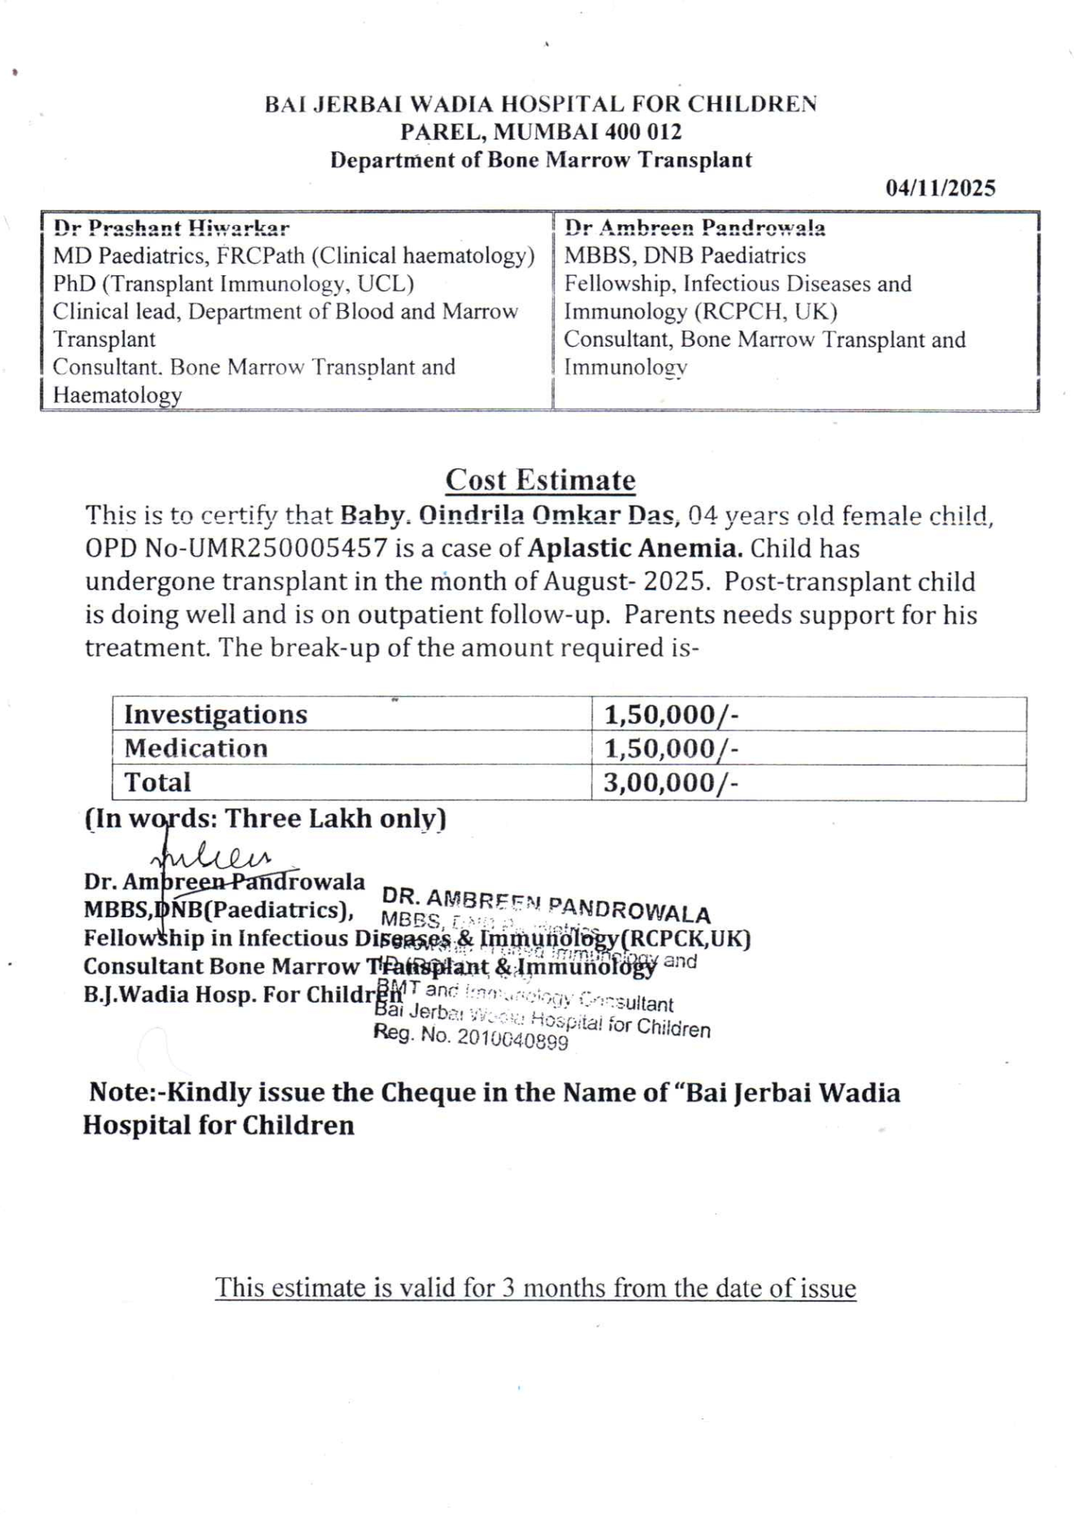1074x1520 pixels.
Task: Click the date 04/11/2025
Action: (940, 188)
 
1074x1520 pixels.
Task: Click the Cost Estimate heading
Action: (540, 480)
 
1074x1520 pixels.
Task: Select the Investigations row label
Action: (216, 714)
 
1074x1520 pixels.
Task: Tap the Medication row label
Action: (196, 749)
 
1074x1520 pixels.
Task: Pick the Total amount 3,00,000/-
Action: (670, 783)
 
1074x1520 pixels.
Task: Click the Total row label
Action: (157, 783)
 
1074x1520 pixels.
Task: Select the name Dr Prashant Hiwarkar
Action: (171, 227)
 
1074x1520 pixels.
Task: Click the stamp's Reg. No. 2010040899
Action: (471, 1037)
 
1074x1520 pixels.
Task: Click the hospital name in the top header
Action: (540, 104)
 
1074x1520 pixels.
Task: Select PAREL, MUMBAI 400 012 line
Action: (540, 132)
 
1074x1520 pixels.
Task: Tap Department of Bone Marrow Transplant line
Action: (540, 160)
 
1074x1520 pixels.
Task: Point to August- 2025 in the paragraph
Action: (627, 581)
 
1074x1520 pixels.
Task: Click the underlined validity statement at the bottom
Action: (535, 1288)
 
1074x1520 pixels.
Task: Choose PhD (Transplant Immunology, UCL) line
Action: (233, 283)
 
